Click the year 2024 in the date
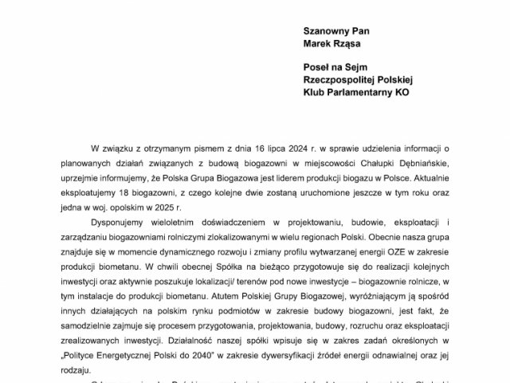[x=269, y=149]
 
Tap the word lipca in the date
[x=241, y=149]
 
